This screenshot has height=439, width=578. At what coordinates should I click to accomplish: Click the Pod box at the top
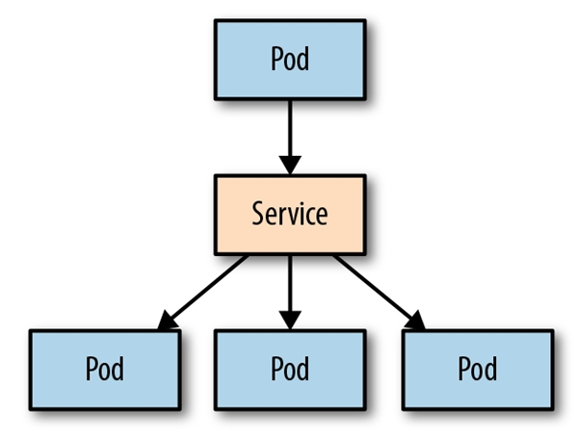289,59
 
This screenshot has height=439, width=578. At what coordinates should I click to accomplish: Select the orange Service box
289,214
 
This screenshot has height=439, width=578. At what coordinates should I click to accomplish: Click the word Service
289,214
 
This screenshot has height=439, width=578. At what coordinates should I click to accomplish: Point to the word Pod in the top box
289,59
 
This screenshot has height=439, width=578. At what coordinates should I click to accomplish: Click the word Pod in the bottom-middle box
289,369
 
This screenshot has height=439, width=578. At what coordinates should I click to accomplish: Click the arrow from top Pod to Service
289,130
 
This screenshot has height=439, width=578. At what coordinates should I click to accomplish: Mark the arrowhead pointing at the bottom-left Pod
169,321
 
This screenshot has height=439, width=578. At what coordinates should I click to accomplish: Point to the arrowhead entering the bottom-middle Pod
289,320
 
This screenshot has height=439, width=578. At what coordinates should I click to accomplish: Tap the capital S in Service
258,214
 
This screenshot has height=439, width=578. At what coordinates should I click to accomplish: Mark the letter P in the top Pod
276,59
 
